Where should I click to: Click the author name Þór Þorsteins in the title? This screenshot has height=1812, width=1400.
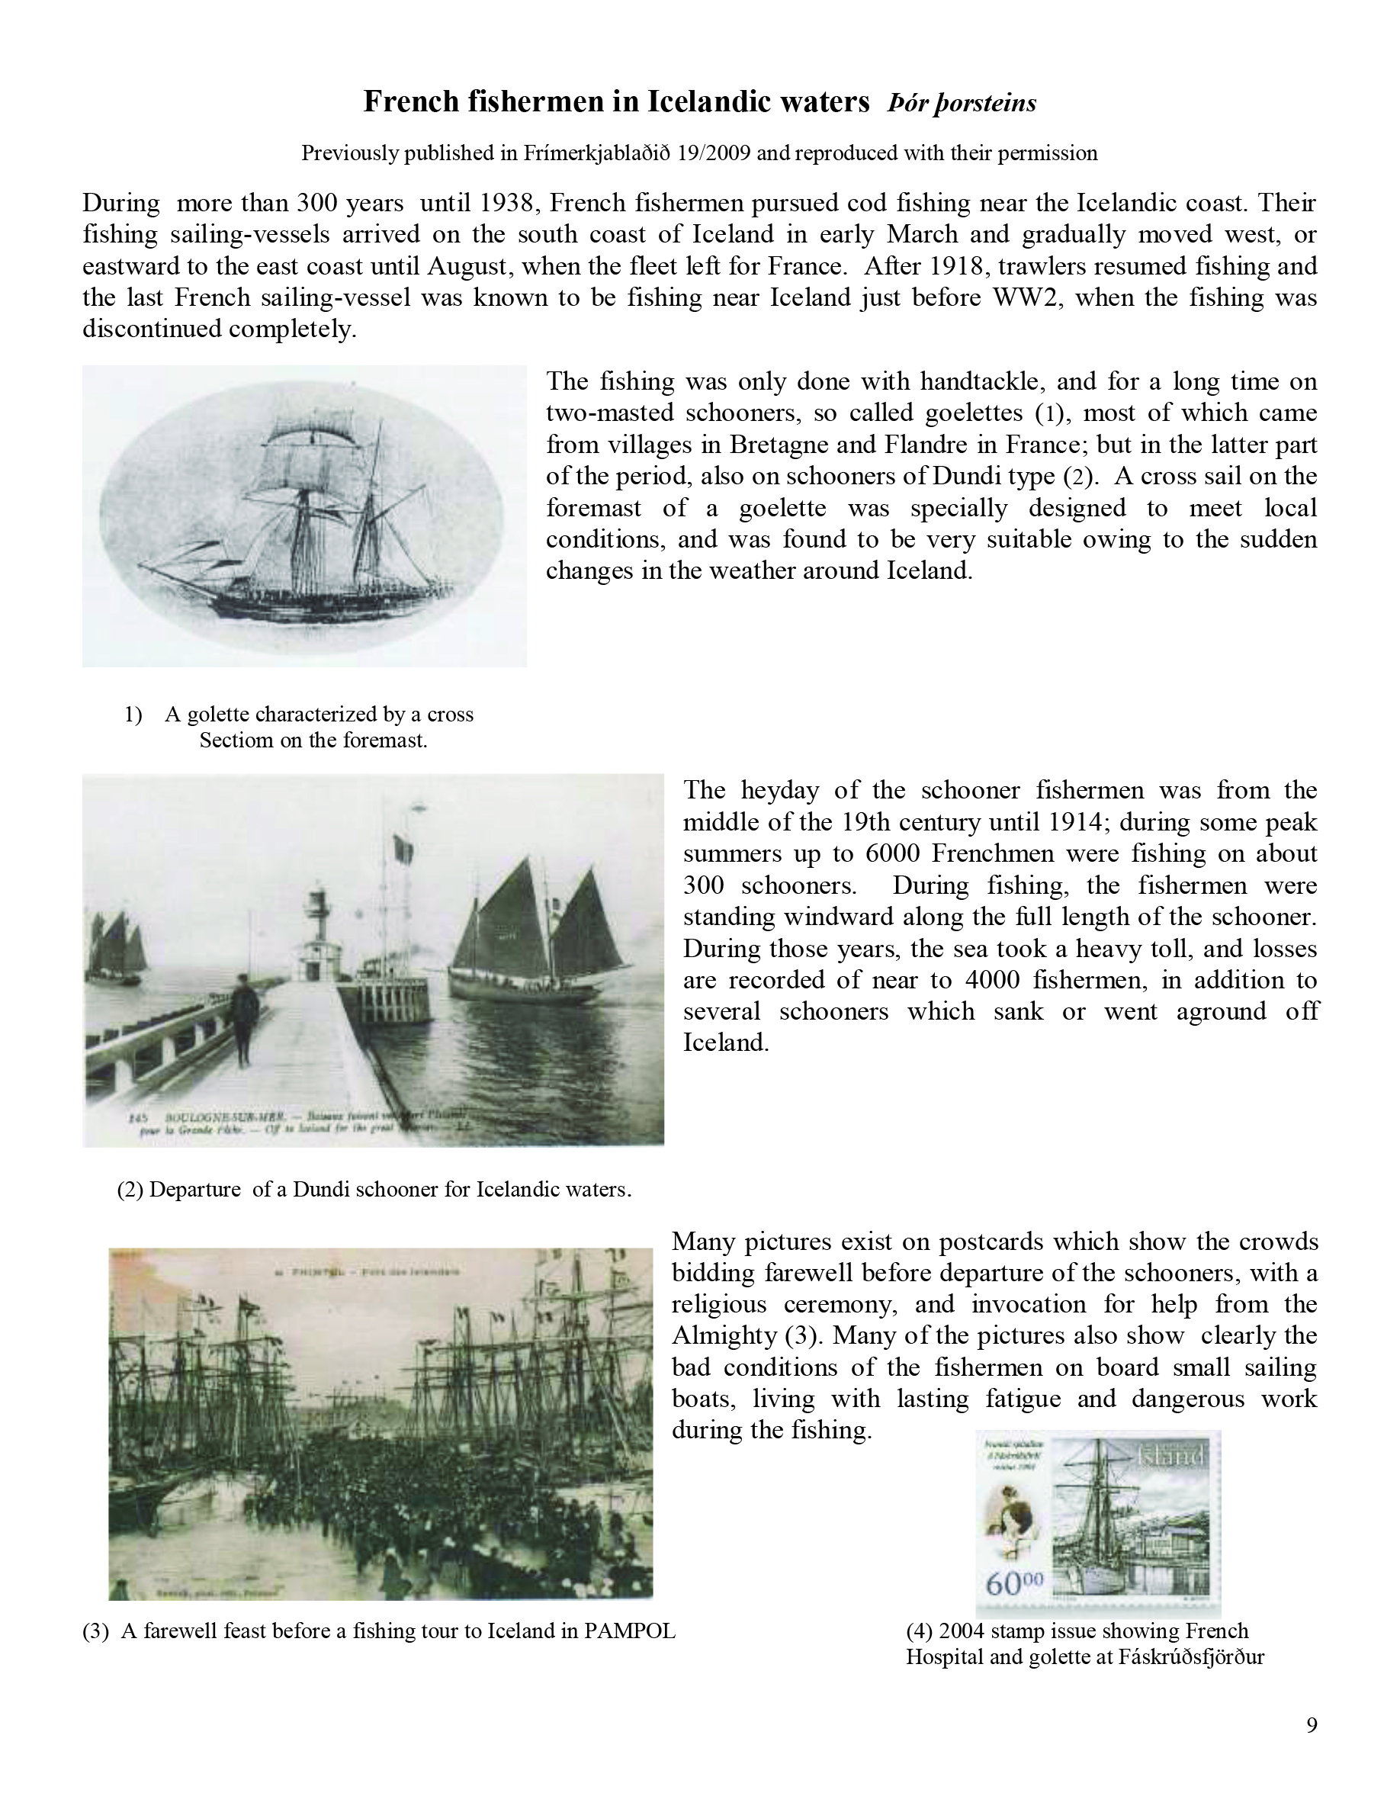pyautogui.click(x=962, y=103)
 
